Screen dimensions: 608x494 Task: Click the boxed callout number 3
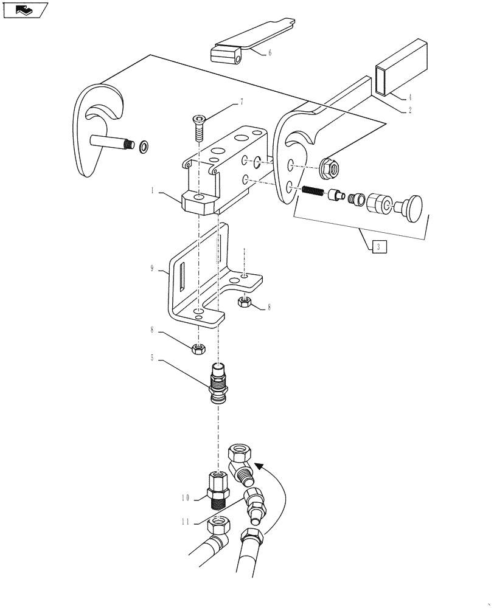pyautogui.click(x=378, y=246)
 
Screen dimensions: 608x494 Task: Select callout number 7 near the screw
pyautogui.click(x=242, y=102)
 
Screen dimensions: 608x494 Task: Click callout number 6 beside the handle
pyautogui.click(x=270, y=53)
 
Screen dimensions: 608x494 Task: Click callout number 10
pyautogui.click(x=186, y=497)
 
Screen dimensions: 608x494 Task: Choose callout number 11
pyautogui.click(x=186, y=522)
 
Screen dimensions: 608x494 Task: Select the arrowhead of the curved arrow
pyautogui.click(x=260, y=467)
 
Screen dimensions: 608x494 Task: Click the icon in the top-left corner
pyautogui.click(x=25, y=10)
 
